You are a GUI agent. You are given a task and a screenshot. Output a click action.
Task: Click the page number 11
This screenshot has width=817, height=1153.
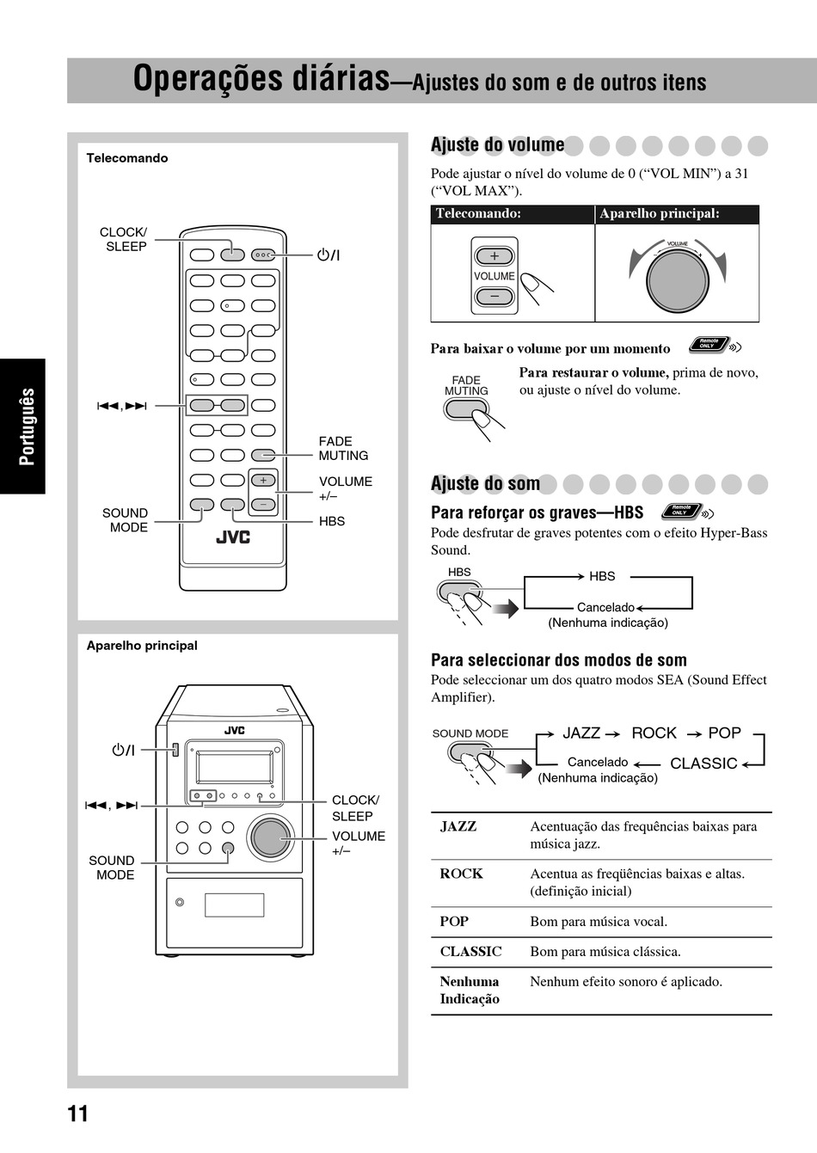pyautogui.click(x=77, y=1114)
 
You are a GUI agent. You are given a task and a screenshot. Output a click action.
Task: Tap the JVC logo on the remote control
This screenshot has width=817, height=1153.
pyautogui.click(x=232, y=537)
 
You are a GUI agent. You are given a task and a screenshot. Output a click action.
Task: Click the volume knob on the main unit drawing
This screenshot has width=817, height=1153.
pyautogui.click(x=271, y=837)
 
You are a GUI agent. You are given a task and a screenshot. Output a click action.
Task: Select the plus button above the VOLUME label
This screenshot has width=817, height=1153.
pyautogui.click(x=494, y=256)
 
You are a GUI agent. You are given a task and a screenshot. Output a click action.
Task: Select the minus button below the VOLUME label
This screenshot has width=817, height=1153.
pyautogui.click(x=494, y=297)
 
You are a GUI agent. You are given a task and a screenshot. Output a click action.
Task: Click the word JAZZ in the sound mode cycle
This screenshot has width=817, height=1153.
pyautogui.click(x=581, y=733)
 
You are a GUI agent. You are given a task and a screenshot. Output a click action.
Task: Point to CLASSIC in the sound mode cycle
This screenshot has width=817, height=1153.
pyautogui.click(x=703, y=764)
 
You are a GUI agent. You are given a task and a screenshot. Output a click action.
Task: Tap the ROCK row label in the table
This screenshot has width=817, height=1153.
pyautogui.click(x=461, y=874)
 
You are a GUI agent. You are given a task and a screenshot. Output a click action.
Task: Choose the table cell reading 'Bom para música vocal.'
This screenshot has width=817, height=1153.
pyautogui.click(x=599, y=922)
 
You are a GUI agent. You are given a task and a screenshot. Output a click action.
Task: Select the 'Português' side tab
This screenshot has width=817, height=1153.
pyautogui.click(x=27, y=426)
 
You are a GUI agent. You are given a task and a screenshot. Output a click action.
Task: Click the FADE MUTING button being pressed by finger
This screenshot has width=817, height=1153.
pyautogui.click(x=464, y=409)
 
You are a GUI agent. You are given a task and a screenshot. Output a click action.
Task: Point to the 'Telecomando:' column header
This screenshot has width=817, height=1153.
pyautogui.click(x=478, y=214)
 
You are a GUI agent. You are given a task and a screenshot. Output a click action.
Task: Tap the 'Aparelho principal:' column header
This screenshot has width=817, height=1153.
pyautogui.click(x=660, y=214)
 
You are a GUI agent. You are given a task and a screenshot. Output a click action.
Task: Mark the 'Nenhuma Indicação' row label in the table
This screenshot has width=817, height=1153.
pyautogui.click(x=470, y=990)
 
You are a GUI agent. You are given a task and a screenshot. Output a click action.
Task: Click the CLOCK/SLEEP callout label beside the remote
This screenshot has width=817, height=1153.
pyautogui.click(x=124, y=239)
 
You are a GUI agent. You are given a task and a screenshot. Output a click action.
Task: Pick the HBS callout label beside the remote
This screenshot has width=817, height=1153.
pyautogui.click(x=332, y=521)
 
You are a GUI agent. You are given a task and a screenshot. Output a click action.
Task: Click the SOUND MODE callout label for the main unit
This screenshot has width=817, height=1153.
pyautogui.click(x=112, y=868)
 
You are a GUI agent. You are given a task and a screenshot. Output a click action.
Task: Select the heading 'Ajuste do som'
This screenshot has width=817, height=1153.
pyautogui.click(x=485, y=483)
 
